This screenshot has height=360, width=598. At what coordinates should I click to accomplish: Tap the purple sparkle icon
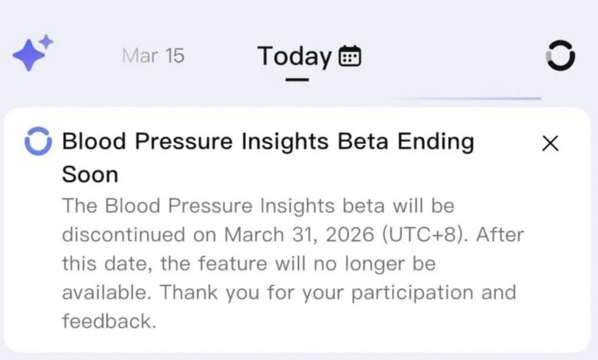32,54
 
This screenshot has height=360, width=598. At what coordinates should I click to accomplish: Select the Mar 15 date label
153,56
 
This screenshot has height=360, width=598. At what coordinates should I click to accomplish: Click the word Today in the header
294,56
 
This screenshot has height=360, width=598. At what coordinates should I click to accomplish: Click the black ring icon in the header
560,56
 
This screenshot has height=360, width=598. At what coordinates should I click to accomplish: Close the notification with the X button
550,143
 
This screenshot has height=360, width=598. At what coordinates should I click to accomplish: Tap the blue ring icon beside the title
38,142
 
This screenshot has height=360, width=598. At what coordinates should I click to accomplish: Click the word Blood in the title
88,142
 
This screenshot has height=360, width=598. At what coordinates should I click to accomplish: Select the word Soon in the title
90,175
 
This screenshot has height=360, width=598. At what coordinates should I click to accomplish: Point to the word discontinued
123,234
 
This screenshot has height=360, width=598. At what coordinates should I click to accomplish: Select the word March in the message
250,234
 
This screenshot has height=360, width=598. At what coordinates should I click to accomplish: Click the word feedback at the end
109,322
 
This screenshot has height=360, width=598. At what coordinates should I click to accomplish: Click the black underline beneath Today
296,78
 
